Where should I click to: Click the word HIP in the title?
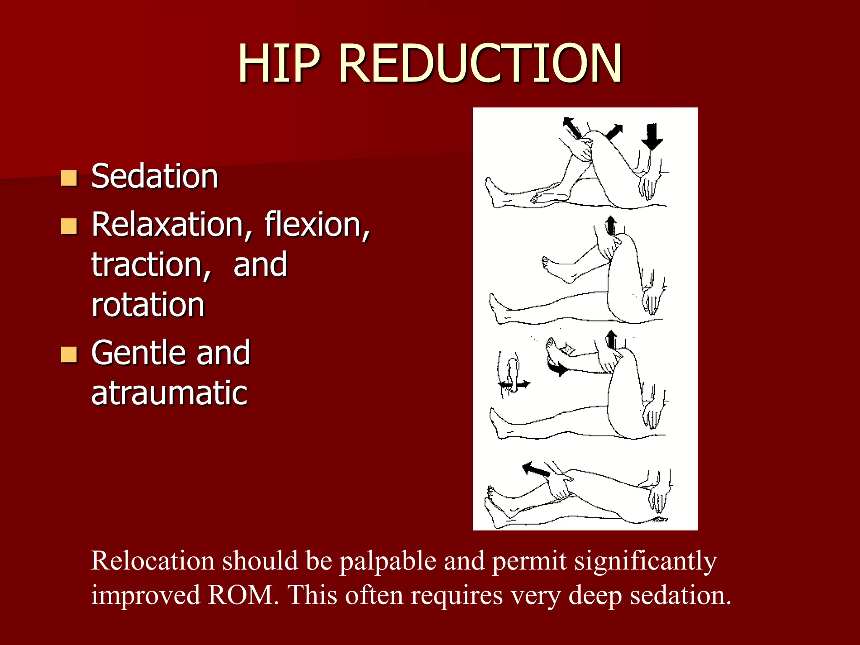point(279,64)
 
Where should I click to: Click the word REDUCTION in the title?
point(480,64)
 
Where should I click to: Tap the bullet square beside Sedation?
point(69,178)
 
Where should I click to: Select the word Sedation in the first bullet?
point(155,176)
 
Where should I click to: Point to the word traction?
point(151,265)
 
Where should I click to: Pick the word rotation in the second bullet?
point(148,304)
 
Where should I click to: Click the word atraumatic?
point(169,393)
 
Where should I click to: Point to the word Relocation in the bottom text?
point(152,561)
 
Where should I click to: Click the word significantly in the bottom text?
point(645,561)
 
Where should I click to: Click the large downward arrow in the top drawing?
point(652,137)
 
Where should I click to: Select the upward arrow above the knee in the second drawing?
point(611,225)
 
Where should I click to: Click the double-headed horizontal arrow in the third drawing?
point(514,384)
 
